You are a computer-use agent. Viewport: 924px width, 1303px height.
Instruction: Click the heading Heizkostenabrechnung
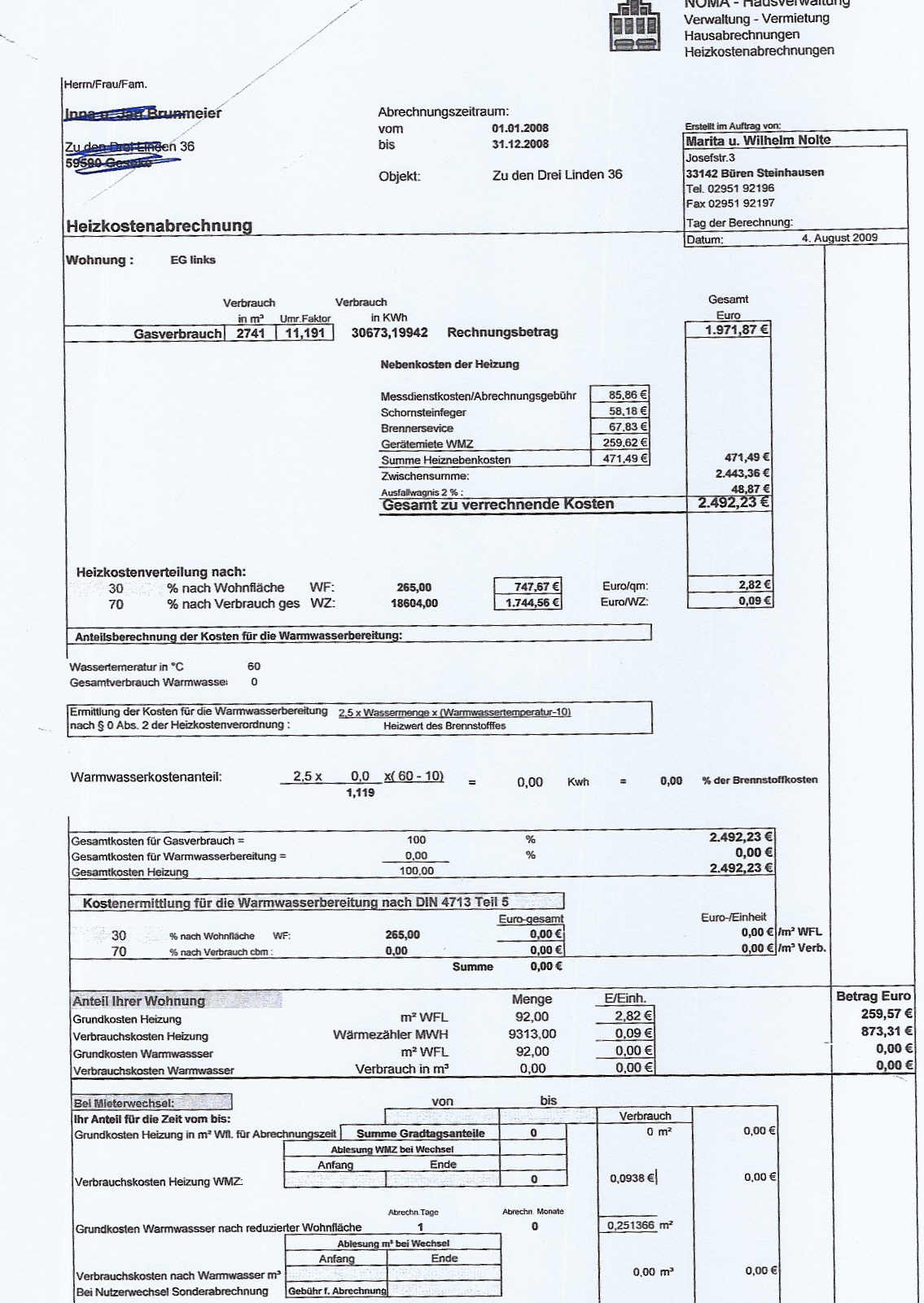click(160, 225)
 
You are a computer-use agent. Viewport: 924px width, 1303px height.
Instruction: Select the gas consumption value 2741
click(251, 333)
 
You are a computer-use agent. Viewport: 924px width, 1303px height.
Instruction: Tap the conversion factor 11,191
click(304, 333)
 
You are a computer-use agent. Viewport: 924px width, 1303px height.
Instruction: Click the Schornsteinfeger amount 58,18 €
click(628, 411)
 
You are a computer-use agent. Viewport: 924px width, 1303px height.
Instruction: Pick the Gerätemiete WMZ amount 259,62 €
click(624, 443)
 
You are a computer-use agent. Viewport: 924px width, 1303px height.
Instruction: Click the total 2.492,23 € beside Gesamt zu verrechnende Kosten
click(733, 503)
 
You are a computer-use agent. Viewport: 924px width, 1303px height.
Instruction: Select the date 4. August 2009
click(839, 238)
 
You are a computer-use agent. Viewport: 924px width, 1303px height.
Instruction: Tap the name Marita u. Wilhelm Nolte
click(758, 140)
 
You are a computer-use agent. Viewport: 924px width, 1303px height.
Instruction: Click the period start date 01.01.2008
click(520, 128)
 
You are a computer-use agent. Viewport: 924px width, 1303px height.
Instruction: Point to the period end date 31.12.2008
click(520, 144)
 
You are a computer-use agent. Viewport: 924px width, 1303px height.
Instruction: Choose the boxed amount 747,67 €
click(536, 586)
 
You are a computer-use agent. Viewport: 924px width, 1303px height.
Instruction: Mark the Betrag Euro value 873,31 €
click(887, 1031)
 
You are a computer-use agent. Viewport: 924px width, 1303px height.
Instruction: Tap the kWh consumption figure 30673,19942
click(389, 333)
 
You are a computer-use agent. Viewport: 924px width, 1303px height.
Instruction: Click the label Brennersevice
click(417, 428)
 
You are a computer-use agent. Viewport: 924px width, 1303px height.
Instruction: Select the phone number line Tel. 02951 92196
click(730, 188)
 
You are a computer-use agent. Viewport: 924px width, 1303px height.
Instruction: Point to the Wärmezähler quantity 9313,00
click(532, 1034)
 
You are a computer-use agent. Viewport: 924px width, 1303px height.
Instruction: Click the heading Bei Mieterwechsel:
click(124, 1103)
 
